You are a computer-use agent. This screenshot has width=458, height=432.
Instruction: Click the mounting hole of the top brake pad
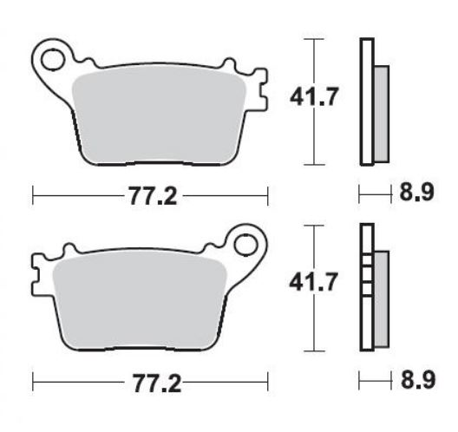tap(52, 60)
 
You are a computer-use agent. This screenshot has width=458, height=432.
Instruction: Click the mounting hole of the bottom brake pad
tap(245, 245)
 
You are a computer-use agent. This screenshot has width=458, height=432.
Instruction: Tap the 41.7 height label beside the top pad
tap(314, 96)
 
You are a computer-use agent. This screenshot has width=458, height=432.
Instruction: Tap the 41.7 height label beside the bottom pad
tap(313, 282)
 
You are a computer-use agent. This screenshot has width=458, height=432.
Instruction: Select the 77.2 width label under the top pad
tap(153, 196)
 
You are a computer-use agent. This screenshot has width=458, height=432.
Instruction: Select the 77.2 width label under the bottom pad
tap(157, 383)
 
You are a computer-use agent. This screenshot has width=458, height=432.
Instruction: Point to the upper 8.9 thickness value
tap(417, 193)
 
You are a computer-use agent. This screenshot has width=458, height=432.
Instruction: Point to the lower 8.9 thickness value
tap(418, 379)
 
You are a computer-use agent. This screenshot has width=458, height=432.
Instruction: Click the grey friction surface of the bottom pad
tap(140, 302)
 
